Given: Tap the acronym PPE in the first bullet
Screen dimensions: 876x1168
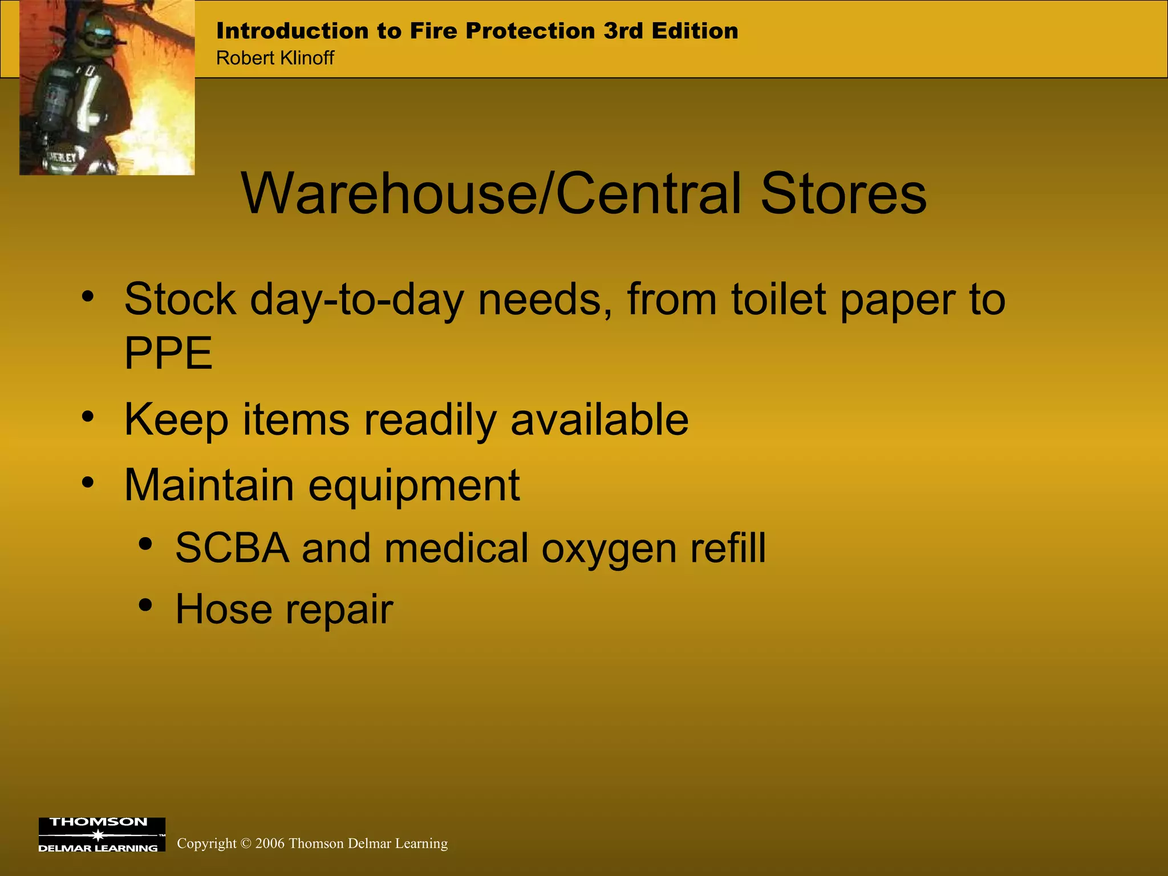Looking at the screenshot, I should click(168, 353).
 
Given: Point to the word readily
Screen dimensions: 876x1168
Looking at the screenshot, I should click(431, 420).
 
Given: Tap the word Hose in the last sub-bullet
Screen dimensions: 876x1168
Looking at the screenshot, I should click(224, 609).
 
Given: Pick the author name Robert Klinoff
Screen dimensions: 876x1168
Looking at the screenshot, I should click(275, 58).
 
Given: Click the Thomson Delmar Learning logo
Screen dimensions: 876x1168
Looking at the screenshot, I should click(102, 834).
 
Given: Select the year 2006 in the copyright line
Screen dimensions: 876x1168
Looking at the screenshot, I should click(270, 843).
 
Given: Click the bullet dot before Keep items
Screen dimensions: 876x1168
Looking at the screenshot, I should click(87, 417).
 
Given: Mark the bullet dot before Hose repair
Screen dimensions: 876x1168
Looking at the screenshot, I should click(145, 605).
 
